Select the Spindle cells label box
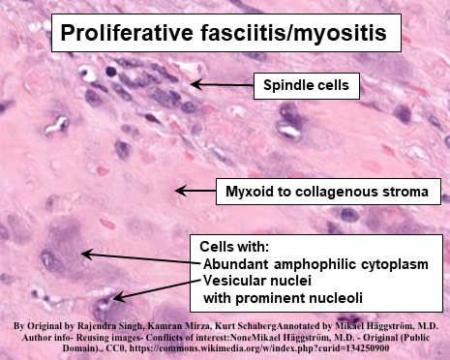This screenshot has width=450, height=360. pyautogui.click(x=306, y=86)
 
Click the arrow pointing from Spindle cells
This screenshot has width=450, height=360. pyautogui.click(x=223, y=85)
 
